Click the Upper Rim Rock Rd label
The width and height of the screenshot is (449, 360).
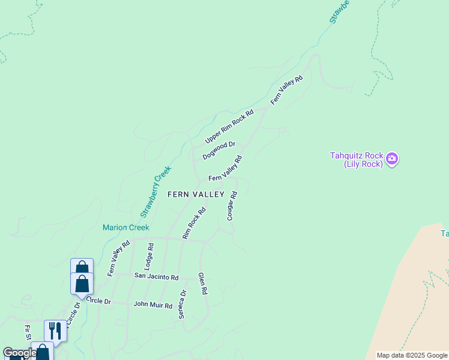point(230,126)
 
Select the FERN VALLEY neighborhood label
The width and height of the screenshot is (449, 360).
point(196,194)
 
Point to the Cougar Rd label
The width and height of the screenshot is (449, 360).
point(232,206)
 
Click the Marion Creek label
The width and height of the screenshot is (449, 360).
point(125,227)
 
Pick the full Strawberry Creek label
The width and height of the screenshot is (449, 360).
point(156,191)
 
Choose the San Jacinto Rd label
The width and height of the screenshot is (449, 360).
point(156,277)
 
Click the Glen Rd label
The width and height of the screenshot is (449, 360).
point(203,283)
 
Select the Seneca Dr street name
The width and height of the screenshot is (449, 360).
point(181,304)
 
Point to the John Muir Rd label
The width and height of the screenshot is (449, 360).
point(152,304)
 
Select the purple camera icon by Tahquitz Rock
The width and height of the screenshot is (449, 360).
point(392,158)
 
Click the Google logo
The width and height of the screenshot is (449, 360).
point(19,353)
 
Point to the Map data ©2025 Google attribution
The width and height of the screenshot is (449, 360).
point(412,355)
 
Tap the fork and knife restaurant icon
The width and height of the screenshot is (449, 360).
point(55,331)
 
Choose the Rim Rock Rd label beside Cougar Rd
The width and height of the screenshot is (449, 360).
point(194,224)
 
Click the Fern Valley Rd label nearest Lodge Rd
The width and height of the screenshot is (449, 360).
point(119,259)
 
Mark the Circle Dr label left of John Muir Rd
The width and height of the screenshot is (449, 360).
point(98,300)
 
